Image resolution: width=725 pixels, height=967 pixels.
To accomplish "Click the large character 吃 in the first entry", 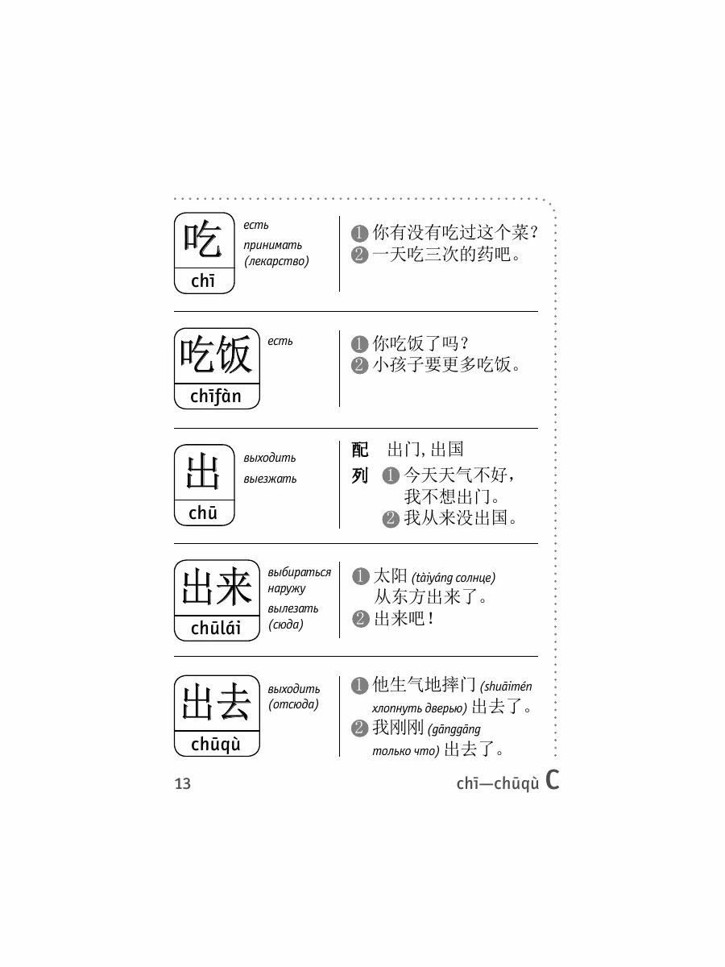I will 204,240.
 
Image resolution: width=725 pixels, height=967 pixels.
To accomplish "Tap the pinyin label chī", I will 204,281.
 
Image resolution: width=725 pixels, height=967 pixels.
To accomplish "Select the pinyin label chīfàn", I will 216,396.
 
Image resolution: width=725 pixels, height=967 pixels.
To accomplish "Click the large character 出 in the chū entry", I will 204,472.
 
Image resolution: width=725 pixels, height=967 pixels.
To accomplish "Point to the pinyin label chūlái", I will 216,629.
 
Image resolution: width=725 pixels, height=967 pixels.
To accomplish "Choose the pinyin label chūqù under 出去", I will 216,745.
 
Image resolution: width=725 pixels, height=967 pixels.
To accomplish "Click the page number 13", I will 183,783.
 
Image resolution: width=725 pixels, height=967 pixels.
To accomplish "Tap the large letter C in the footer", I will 552,780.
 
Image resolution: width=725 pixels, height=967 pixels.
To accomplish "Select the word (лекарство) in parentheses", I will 276,261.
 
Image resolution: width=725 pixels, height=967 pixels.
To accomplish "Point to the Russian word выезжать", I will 270,479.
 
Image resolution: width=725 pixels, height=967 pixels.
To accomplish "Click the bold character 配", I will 360,450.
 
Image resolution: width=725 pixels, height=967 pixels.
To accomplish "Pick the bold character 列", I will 360,476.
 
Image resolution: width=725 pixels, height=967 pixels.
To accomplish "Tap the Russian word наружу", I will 287,588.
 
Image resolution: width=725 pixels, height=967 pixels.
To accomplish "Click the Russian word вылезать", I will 293,608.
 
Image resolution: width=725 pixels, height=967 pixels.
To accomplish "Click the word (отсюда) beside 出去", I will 293,705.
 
